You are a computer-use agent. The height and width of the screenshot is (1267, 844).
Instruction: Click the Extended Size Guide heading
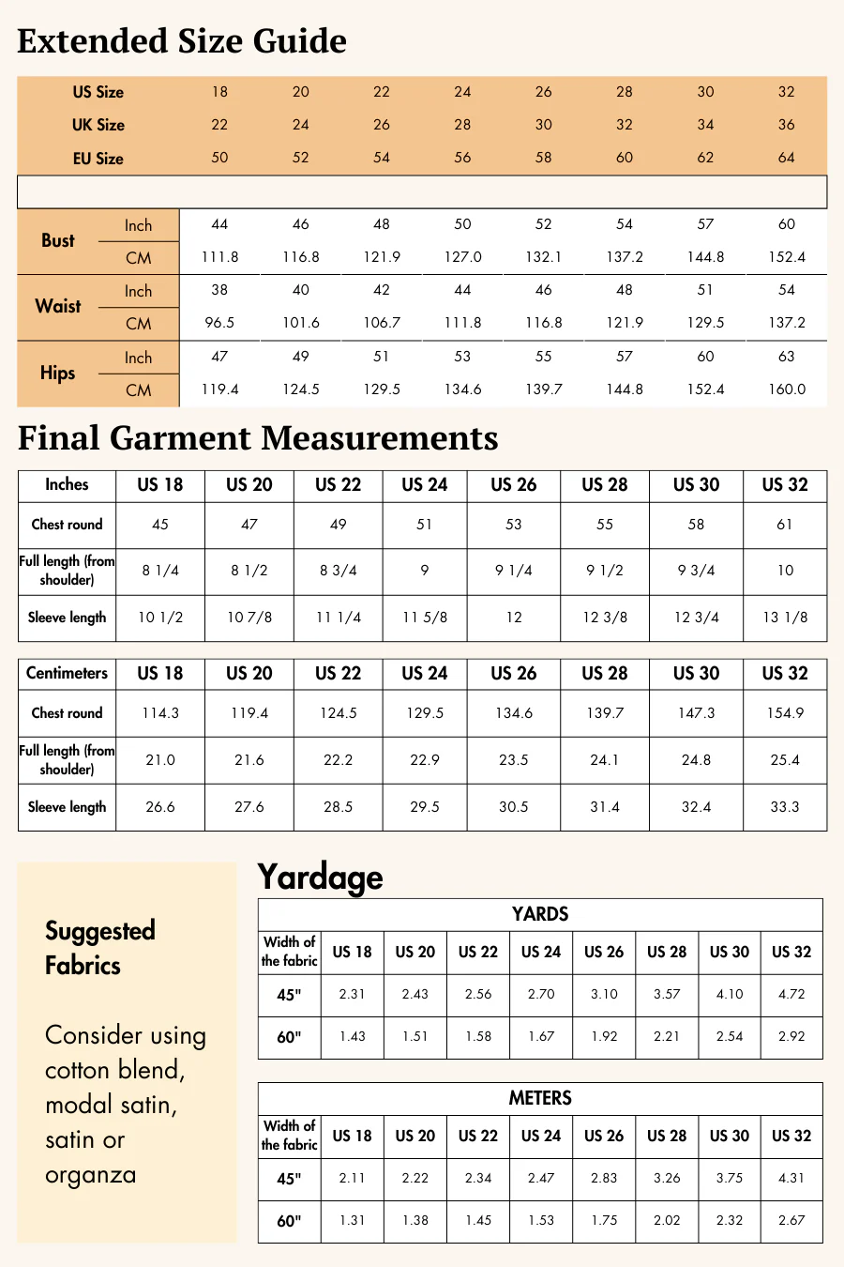pyautogui.click(x=182, y=41)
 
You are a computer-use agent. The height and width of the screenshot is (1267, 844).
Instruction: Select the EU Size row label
pyautogui.click(x=98, y=159)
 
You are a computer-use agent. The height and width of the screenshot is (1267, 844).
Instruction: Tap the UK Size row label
pyautogui.click(x=98, y=125)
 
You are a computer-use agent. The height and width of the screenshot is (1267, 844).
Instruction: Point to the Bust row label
pyautogui.click(x=58, y=240)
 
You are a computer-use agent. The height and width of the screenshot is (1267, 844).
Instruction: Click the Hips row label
pyautogui.click(x=58, y=373)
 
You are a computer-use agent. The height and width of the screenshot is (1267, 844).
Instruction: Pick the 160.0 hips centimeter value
pyautogui.click(x=786, y=389)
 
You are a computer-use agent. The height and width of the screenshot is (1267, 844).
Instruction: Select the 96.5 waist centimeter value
pyautogui.click(x=219, y=323)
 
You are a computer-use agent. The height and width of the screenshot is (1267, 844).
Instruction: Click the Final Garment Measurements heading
pyautogui.click(x=258, y=438)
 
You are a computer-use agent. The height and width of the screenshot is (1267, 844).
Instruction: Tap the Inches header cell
pyautogui.click(x=67, y=484)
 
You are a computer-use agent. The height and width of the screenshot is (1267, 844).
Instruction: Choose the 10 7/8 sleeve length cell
pyautogui.click(x=249, y=618)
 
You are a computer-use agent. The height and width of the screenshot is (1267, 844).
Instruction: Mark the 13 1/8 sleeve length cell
pyautogui.click(x=785, y=618)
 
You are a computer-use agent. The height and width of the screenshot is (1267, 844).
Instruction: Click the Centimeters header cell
pyautogui.click(x=67, y=673)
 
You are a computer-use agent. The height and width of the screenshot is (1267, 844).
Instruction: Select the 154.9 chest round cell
pyautogui.click(x=785, y=713)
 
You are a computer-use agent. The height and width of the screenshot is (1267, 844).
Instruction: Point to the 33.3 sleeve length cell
pyautogui.click(x=785, y=807)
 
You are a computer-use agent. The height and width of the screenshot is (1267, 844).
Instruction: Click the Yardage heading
pyautogui.click(x=320, y=877)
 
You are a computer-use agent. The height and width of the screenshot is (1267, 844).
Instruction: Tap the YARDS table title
pyautogui.click(x=540, y=914)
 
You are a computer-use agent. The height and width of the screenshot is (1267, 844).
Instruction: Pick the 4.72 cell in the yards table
pyautogui.click(x=791, y=994)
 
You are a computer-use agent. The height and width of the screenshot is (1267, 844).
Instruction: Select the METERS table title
pyautogui.click(x=540, y=1098)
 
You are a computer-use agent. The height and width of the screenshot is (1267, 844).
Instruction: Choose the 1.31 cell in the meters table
pyautogui.click(x=353, y=1220)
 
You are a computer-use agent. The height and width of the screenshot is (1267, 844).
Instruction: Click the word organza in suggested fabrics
pyautogui.click(x=91, y=1175)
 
